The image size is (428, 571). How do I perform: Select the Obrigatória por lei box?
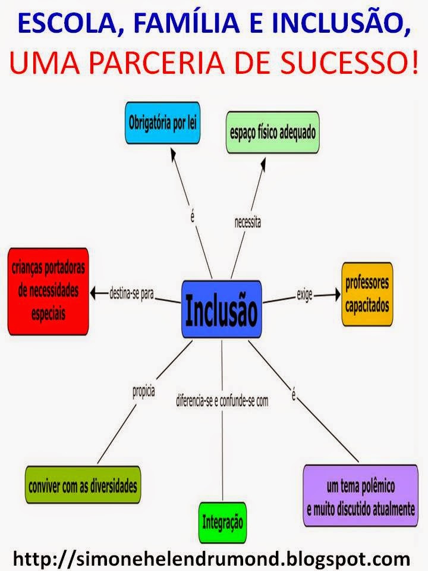pos(162,124)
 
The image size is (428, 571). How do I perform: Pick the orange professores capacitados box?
pos(367,293)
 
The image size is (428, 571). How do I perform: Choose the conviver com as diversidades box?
pos(83,485)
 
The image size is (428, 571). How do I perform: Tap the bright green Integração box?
pos(222,523)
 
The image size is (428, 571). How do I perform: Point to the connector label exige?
pos(305,294)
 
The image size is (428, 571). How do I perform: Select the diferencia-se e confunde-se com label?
pos(222,401)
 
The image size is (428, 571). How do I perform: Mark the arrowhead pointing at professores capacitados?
pos(338,293)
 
